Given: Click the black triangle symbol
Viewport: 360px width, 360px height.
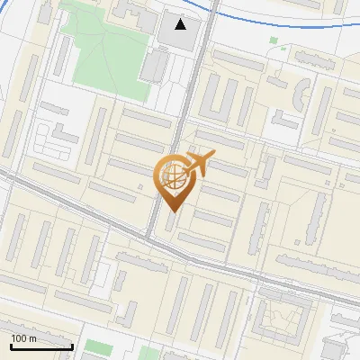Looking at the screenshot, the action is [x=182, y=24].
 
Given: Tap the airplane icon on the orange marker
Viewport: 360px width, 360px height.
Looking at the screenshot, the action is [x=199, y=162].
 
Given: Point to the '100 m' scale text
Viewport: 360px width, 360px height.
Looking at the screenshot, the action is [x=23, y=337].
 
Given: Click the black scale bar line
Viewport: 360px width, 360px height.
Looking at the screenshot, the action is [x=41, y=346].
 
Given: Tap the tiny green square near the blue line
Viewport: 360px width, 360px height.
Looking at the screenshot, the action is [x=273, y=40].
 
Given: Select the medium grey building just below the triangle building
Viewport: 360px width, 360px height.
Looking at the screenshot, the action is [x=155, y=65].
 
